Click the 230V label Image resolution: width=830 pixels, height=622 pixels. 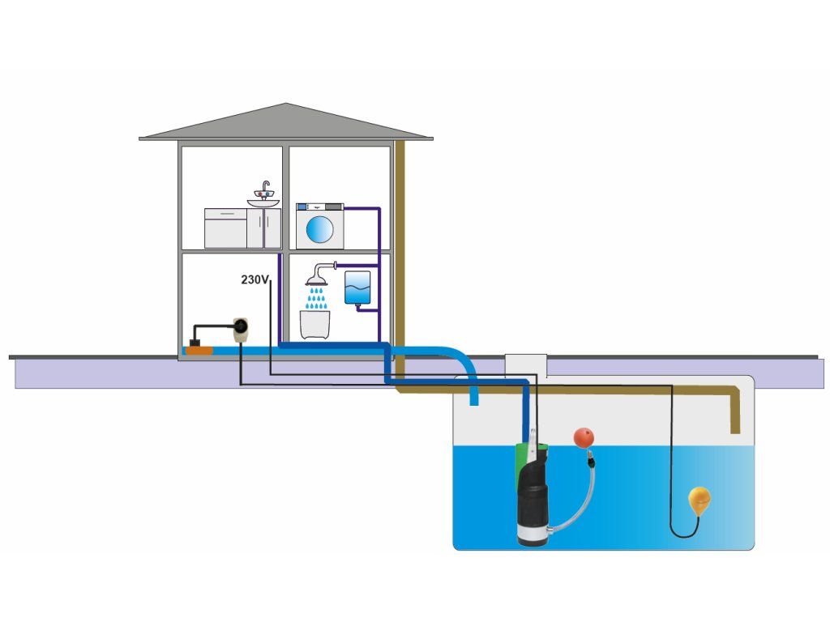254,279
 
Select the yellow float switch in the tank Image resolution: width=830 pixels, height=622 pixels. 699,500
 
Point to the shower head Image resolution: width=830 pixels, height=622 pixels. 317,281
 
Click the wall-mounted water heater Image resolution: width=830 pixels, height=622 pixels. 357,288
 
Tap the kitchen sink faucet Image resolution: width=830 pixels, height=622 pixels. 264,191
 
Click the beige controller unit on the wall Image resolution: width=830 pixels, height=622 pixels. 241,329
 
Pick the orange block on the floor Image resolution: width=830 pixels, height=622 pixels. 199,350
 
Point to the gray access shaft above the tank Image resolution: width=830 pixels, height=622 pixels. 525,365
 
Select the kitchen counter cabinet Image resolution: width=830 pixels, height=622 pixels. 225,228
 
